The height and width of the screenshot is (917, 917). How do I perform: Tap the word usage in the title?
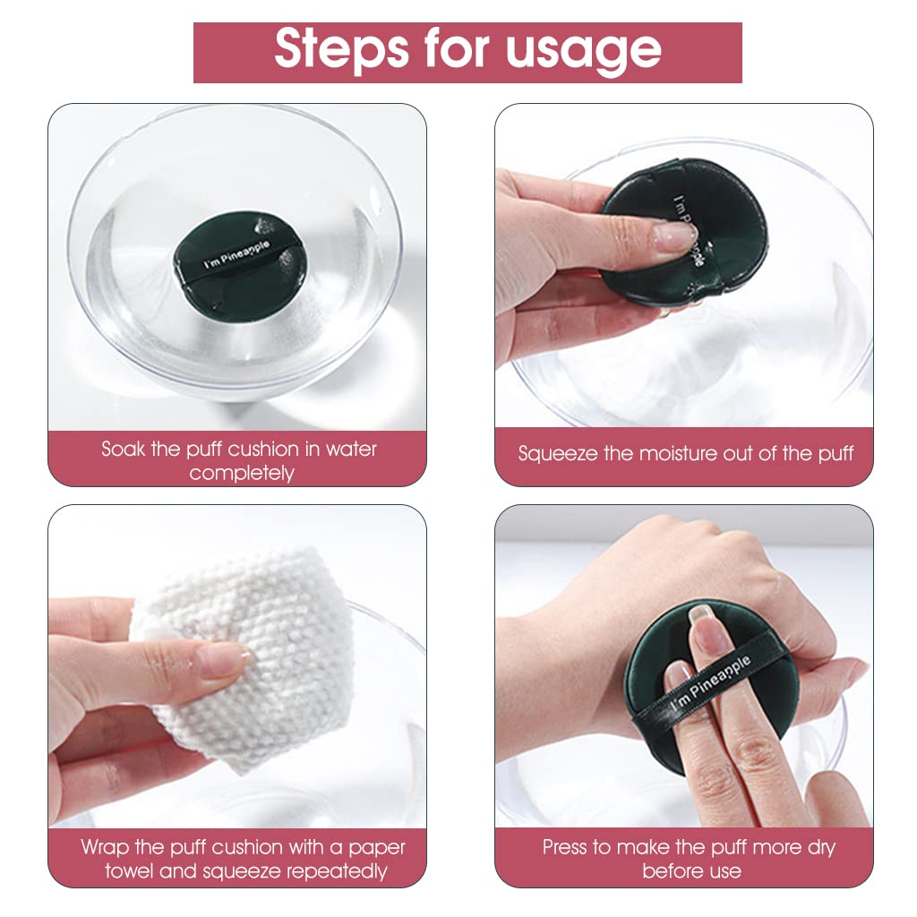coord(584,51)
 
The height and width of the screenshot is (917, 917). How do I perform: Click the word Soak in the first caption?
coord(122,449)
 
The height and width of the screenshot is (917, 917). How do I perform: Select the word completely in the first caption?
coord(241,473)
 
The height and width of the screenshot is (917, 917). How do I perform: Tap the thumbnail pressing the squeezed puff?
coord(674,238)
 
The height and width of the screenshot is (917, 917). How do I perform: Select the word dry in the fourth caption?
coord(822,846)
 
